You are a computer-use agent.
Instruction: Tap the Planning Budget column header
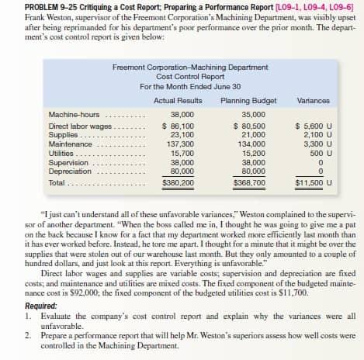tap(249, 100)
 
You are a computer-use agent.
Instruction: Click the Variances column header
tap(314, 100)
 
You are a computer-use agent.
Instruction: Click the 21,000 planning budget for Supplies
tap(252, 133)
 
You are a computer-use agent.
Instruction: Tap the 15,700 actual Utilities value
tap(179, 150)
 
